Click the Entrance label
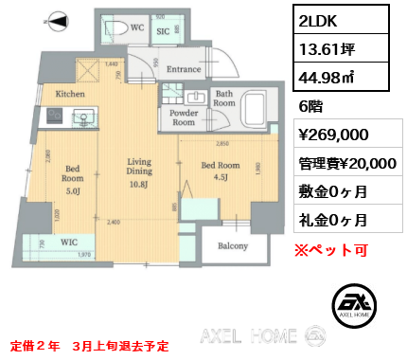[184, 69]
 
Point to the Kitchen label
[72, 94]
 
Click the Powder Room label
[184, 118]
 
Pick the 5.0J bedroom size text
[73, 188]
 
